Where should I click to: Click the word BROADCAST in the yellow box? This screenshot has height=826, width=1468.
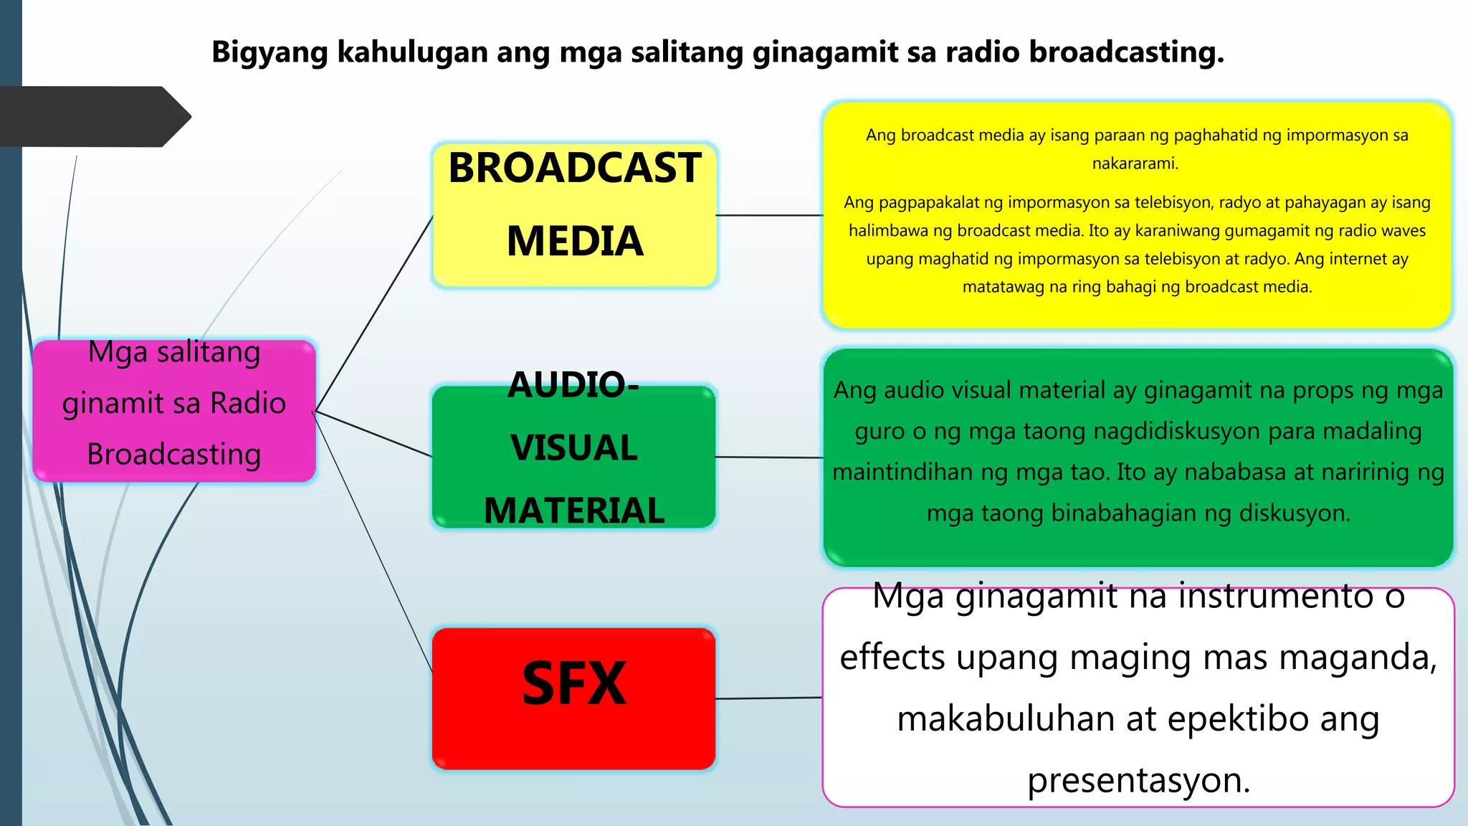[574, 168]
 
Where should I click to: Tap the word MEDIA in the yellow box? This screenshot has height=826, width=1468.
[574, 242]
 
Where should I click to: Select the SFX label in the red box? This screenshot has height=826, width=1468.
[573, 684]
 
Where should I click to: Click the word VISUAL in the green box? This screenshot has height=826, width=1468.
[573, 448]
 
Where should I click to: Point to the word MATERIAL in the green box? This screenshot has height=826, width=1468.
[573, 511]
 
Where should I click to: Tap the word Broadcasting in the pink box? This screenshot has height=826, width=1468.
[173, 455]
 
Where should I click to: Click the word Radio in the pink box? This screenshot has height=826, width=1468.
[248, 403]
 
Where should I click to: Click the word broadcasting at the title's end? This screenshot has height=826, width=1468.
[1126, 52]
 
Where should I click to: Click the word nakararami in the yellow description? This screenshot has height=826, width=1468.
[1134, 163]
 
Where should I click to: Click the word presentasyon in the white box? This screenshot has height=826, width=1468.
[1138, 780]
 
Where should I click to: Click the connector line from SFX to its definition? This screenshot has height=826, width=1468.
[768, 698]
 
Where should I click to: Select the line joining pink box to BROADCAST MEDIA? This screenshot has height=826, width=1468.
[374, 313]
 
